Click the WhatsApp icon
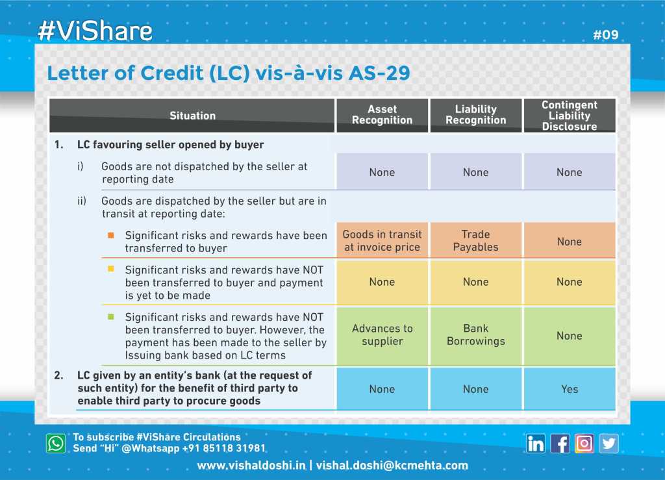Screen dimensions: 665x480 pyautogui.click(x=56, y=443)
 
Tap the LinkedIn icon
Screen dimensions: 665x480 pyautogui.click(x=535, y=444)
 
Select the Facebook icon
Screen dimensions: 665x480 pyautogui.click(x=560, y=444)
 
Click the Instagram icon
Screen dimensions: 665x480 pyautogui.click(x=584, y=444)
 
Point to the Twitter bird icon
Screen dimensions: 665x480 pyautogui.click(x=609, y=444)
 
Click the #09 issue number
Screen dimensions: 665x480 pyautogui.click(x=606, y=35)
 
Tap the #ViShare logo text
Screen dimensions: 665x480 pyautogui.click(x=95, y=31)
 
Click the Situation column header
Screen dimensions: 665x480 pyautogui.click(x=192, y=116)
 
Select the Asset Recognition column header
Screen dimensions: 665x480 pyautogui.click(x=382, y=115)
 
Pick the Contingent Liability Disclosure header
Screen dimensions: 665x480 pyautogui.click(x=570, y=116)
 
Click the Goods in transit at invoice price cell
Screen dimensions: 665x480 pyautogui.click(x=382, y=240)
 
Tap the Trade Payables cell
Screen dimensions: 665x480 pyautogui.click(x=476, y=240)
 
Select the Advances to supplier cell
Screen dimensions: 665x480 pyautogui.click(x=382, y=335)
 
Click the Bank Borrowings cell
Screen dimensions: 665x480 pyautogui.click(x=476, y=335)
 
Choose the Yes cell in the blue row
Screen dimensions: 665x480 pyautogui.click(x=570, y=389)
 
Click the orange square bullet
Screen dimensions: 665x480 pyautogui.click(x=110, y=235)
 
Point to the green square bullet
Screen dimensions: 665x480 pyautogui.click(x=110, y=317)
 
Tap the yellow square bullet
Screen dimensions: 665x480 pyautogui.click(x=110, y=269)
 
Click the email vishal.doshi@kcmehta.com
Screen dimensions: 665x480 pyautogui.click(x=392, y=466)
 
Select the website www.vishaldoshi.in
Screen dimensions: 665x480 pyautogui.click(x=251, y=466)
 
